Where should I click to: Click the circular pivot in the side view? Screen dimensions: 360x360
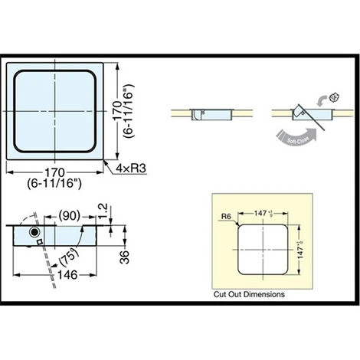coord(34,231)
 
